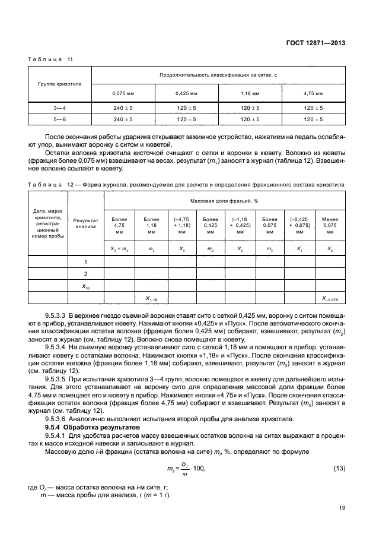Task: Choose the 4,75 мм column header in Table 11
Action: (313, 94)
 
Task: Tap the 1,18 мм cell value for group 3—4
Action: (250, 108)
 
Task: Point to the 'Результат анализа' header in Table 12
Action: (86, 223)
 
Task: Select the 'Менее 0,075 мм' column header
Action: (330, 226)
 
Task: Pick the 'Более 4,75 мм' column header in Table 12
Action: (119, 226)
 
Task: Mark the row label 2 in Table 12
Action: (86, 274)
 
